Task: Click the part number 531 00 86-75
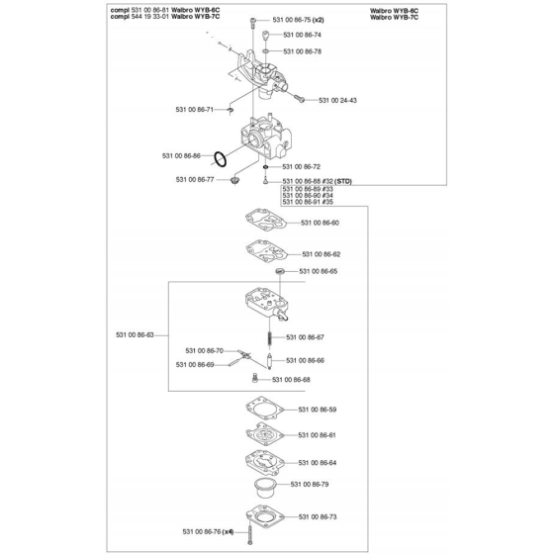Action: pyautogui.click(x=292, y=20)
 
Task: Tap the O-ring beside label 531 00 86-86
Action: pyautogui.click(x=220, y=159)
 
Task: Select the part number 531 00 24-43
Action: pyautogui.click(x=337, y=100)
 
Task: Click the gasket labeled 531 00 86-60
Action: pyautogui.click(x=266, y=220)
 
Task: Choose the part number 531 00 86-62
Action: pyautogui.click(x=322, y=254)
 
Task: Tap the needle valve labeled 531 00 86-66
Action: pyautogui.click(x=269, y=361)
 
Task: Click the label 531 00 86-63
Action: pyautogui.click(x=135, y=335)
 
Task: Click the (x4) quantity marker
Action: pyautogui.click(x=228, y=532)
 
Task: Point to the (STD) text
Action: pyautogui.click(x=343, y=182)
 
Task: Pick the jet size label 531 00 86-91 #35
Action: pyautogui.click(x=308, y=202)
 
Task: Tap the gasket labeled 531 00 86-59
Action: pyautogui.click(x=265, y=408)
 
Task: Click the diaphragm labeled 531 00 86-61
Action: pyautogui.click(x=265, y=434)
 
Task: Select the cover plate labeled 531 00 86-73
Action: pyautogui.click(x=265, y=516)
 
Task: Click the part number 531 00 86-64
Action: pyautogui.click(x=318, y=463)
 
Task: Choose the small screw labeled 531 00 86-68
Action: pyautogui.click(x=255, y=379)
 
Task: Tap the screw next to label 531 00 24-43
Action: pyautogui.click(x=299, y=98)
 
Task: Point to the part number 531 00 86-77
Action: pyautogui.click(x=195, y=180)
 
